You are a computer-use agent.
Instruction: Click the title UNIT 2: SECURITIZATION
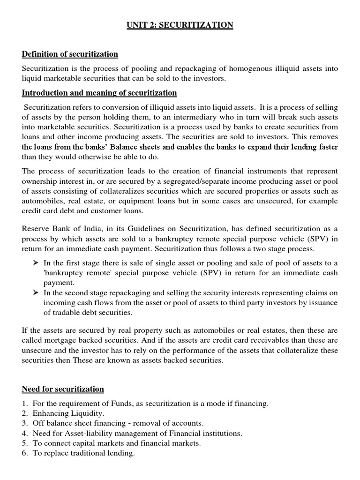[x=180, y=25]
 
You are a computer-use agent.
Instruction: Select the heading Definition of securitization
[x=70, y=54]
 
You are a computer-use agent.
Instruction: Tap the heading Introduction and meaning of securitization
[x=99, y=92]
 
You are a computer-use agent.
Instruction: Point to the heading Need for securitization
[x=63, y=389]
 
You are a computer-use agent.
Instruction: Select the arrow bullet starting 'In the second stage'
[x=36, y=293]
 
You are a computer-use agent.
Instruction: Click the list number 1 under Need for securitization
[x=25, y=403]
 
